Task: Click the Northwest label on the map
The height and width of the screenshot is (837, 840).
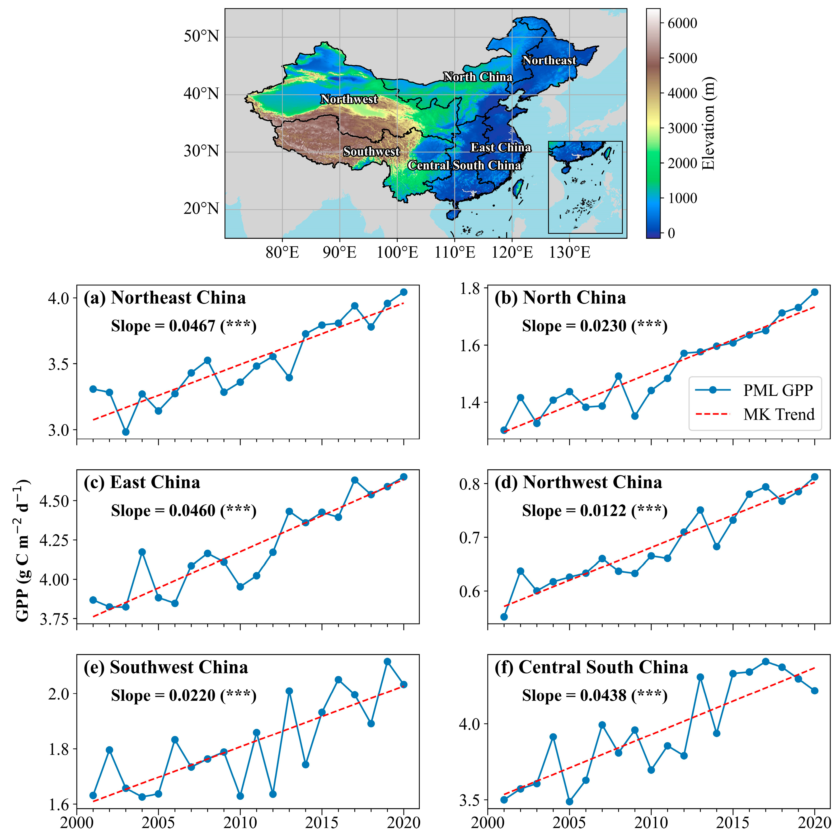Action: [x=349, y=99]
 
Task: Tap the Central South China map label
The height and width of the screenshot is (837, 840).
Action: [x=464, y=165]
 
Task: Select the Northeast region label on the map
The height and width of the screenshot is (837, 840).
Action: [x=549, y=61]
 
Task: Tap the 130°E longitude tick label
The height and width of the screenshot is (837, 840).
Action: [x=570, y=252]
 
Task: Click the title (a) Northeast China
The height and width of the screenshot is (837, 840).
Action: [x=165, y=298]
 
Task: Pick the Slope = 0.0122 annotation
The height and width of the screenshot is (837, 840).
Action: [x=594, y=510]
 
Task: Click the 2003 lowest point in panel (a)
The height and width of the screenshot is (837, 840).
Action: [x=126, y=432]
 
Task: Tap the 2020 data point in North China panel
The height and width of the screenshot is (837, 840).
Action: [x=814, y=292]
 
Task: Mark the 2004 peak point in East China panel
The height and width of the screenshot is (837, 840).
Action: [x=142, y=552]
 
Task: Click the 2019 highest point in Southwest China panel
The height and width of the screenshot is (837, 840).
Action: [x=387, y=662]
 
